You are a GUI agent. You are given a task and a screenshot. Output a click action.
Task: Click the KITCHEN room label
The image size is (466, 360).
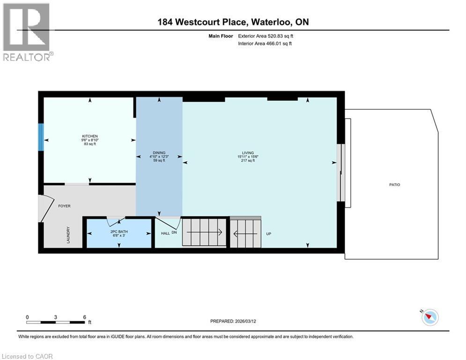pos(89,136)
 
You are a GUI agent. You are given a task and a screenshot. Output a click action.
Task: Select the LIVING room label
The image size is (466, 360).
pos(248,153)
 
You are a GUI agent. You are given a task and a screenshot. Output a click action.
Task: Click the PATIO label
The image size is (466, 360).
pos(394,185)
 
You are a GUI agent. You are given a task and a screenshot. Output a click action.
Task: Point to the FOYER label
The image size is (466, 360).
pos(64,206)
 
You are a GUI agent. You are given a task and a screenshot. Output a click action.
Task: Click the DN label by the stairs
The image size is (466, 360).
pos(174,232)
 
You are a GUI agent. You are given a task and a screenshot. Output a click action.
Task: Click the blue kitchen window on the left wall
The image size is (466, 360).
pos(41,137)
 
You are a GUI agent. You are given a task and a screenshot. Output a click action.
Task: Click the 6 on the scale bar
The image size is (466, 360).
pos(84,317)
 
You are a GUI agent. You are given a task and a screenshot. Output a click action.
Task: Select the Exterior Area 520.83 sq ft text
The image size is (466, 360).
pos(266,36)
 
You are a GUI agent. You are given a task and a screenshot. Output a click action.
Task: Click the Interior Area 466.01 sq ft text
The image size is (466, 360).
pos(265,44)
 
